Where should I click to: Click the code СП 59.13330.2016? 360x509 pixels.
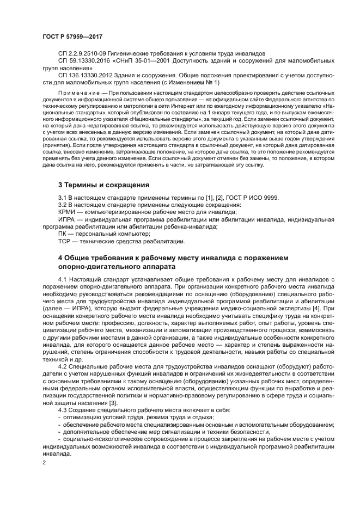(x=84, y=62)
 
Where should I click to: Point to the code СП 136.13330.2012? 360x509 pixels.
(x=86, y=76)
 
